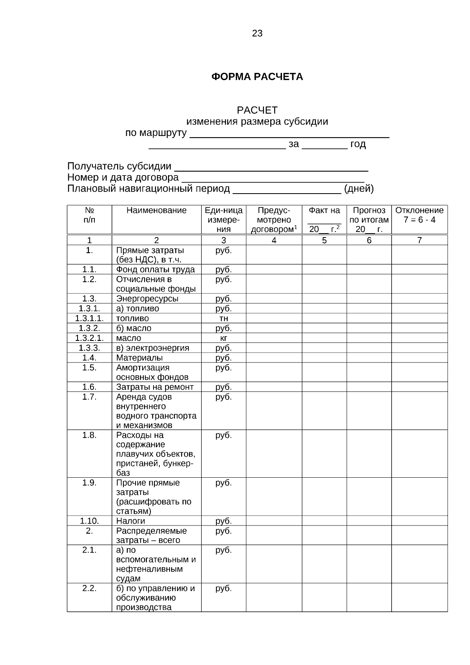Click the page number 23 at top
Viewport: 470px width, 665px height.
click(257, 34)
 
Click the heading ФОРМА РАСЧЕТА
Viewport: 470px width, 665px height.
click(257, 77)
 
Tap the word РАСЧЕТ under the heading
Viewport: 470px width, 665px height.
click(257, 111)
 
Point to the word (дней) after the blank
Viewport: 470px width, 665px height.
click(359, 189)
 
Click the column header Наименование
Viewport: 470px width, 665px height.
click(156, 210)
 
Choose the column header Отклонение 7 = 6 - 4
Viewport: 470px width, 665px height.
click(419, 215)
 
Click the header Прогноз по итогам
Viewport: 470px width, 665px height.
click(369, 215)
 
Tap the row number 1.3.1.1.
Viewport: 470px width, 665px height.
click(89, 319)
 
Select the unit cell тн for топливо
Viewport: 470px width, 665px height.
click(223, 319)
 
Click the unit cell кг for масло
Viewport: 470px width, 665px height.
click(223, 338)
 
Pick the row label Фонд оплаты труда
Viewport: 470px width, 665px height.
click(155, 270)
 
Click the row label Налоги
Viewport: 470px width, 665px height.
click(130, 521)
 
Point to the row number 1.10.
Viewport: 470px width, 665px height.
click(89, 521)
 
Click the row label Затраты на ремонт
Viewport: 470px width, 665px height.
click(155, 387)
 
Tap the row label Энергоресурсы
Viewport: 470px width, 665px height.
click(147, 299)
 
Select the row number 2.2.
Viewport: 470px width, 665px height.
click(89, 589)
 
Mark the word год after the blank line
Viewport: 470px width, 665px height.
click(358, 144)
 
